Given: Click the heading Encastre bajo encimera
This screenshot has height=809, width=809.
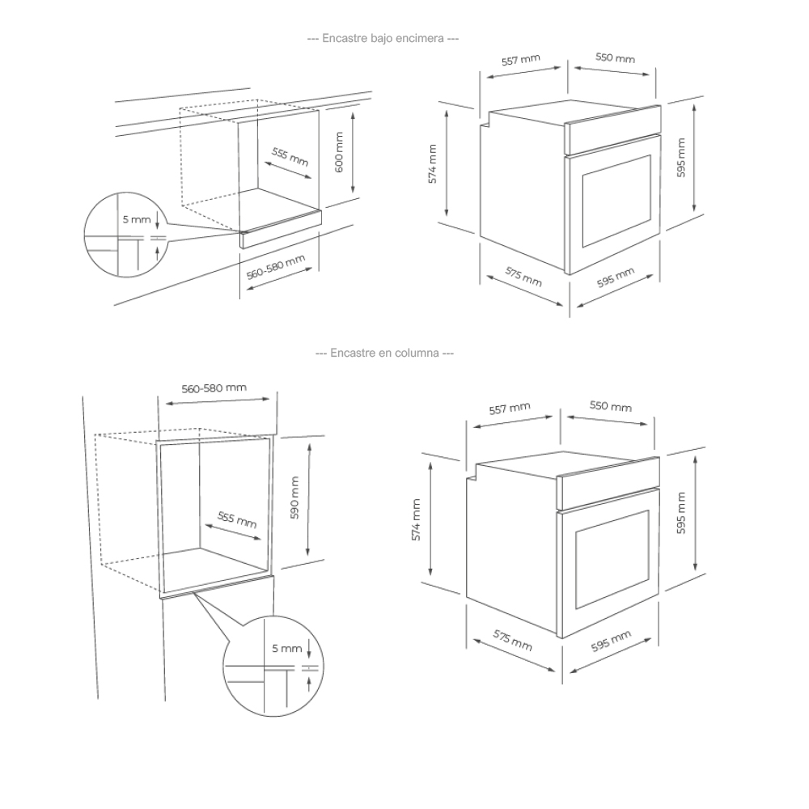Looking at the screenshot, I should click(x=383, y=38).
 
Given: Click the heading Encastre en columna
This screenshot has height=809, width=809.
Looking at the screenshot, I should click(x=383, y=353).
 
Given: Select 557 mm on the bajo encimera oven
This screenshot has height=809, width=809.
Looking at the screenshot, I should click(x=520, y=61).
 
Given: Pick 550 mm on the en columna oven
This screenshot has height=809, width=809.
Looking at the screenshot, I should click(x=611, y=406).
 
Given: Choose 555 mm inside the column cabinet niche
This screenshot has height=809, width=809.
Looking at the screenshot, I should click(x=237, y=519).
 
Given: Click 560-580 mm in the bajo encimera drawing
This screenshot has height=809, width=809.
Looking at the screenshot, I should click(x=276, y=268).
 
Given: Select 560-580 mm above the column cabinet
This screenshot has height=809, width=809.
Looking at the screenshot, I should click(x=214, y=388).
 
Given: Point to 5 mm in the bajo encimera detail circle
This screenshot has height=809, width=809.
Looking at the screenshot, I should click(x=136, y=220).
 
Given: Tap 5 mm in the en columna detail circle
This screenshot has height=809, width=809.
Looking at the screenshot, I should click(x=286, y=649).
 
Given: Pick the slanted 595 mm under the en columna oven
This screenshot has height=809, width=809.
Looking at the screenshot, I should click(x=611, y=642).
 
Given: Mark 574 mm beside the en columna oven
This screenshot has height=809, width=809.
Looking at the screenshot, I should click(x=417, y=519).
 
